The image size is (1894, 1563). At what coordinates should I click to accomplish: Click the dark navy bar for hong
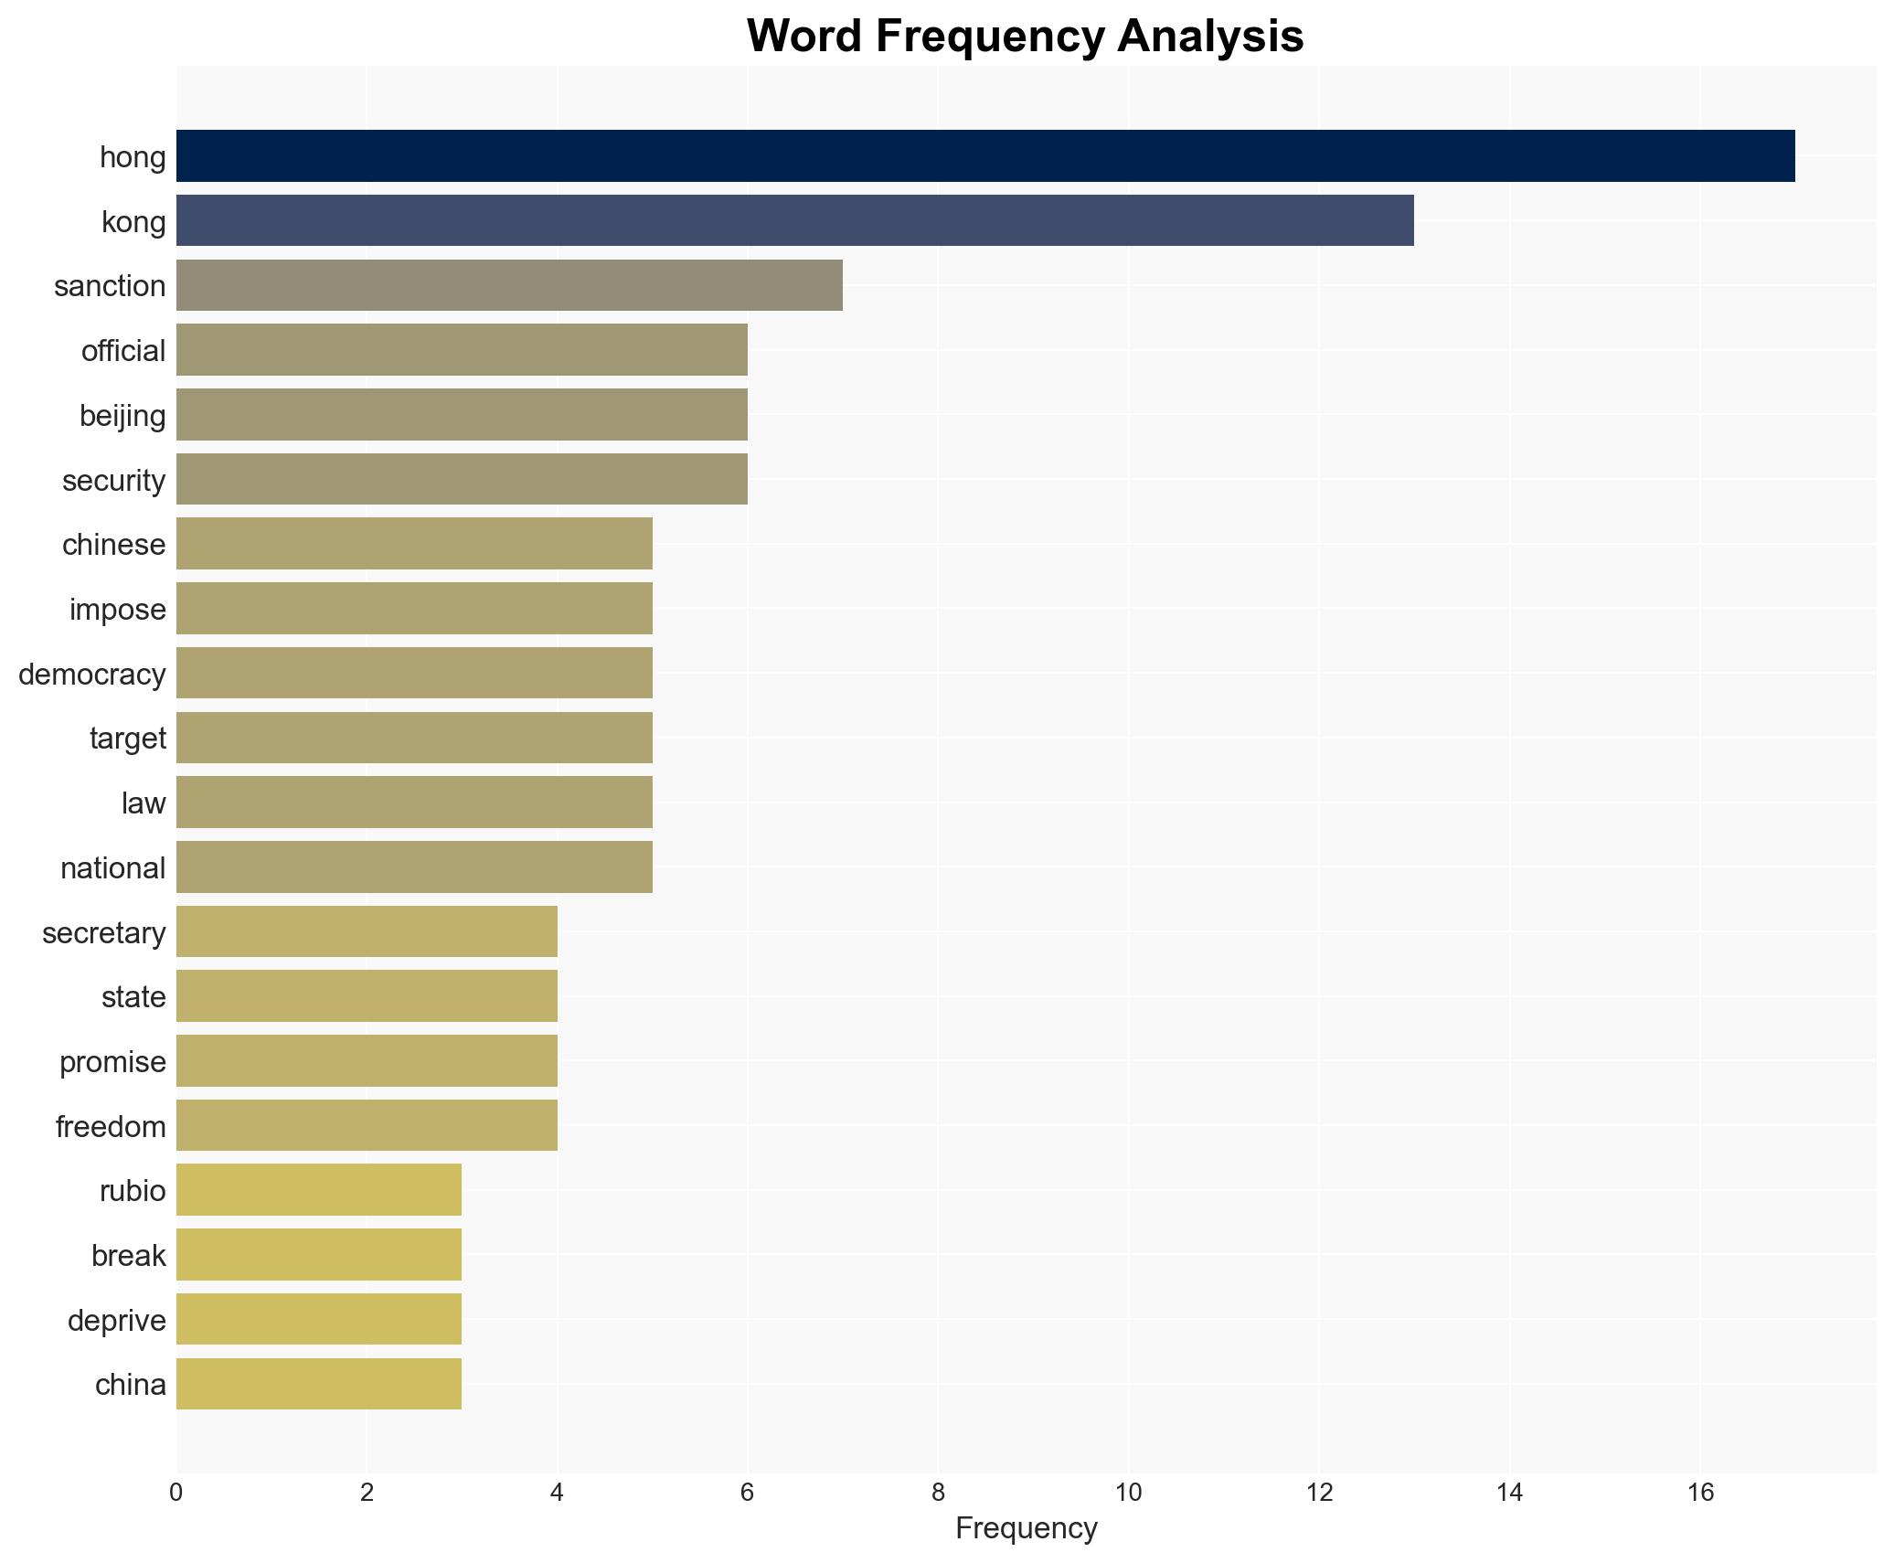984,156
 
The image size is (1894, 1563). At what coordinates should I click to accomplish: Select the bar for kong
794,220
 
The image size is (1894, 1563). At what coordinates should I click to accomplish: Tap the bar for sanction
509,285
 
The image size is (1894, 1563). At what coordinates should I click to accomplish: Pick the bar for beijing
462,415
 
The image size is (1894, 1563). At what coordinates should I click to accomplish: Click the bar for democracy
414,674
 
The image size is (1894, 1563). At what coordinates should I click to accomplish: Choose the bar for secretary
367,931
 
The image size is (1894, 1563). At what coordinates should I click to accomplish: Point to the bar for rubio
319,1190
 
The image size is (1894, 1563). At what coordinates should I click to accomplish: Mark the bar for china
319,1384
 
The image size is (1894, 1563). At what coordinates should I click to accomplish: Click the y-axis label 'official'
123,351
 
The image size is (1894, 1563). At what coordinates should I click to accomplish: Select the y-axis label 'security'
114,481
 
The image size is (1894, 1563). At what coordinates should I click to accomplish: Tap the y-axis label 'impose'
118,610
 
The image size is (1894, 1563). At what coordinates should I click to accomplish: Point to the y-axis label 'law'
144,803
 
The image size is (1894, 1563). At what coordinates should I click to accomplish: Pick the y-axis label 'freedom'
111,1127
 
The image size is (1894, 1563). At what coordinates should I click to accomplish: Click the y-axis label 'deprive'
117,1321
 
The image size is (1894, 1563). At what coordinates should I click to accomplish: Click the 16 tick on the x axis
1700,1493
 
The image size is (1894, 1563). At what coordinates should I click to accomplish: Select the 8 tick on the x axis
938,1493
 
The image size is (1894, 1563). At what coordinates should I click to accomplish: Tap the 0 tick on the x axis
176,1493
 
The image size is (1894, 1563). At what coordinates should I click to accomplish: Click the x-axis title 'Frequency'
1026,1528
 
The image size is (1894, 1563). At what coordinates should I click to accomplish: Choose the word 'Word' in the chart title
803,37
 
